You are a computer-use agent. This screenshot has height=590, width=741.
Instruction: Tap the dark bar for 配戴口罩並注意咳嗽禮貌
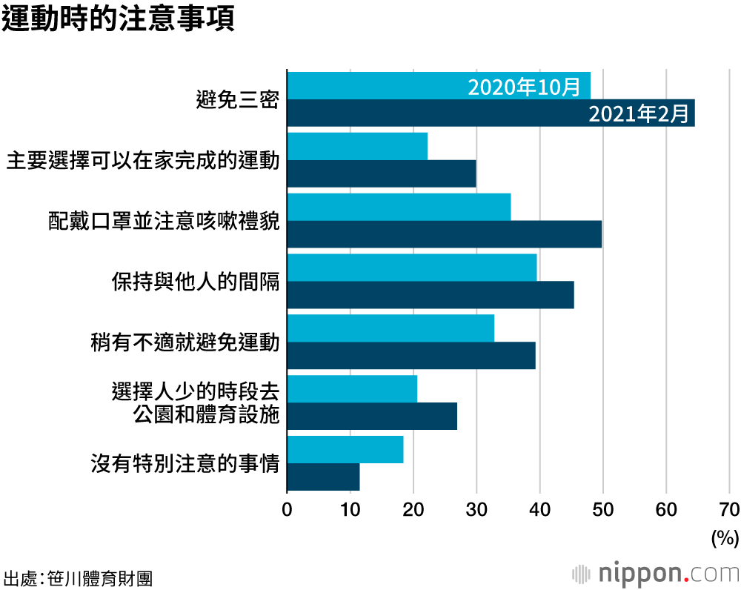(x=444, y=234)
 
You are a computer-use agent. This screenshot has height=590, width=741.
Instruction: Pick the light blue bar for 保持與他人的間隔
(x=411, y=268)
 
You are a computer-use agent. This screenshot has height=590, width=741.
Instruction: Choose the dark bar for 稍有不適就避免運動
(x=411, y=356)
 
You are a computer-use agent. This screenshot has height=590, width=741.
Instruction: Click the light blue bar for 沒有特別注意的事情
(x=345, y=450)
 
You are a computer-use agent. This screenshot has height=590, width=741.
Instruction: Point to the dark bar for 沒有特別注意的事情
(x=323, y=477)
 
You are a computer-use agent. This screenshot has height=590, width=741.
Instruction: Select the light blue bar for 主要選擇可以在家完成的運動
(x=356, y=146)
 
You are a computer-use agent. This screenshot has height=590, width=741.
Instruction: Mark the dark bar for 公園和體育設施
(x=371, y=417)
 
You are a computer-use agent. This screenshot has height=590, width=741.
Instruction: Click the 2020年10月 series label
(x=524, y=87)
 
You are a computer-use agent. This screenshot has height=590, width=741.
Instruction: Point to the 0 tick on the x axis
(x=287, y=509)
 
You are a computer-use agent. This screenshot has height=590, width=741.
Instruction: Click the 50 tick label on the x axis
(x=602, y=509)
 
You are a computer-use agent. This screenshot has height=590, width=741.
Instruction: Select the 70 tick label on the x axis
(x=729, y=509)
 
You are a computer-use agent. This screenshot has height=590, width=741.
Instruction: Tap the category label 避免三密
(x=237, y=99)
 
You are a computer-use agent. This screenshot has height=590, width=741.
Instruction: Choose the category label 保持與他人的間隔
(x=196, y=282)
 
